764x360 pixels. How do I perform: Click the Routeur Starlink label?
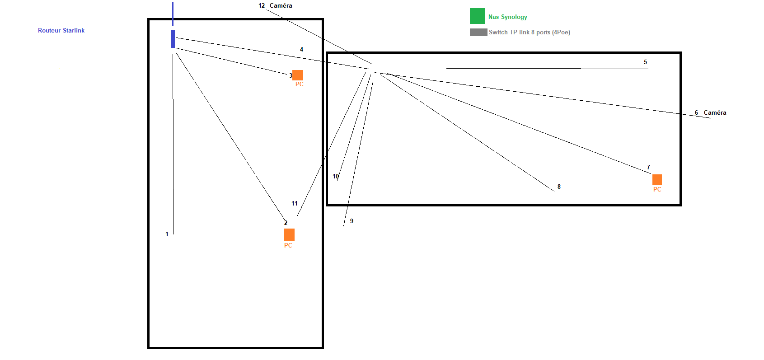[x=61, y=30]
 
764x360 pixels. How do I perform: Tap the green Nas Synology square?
[x=477, y=16]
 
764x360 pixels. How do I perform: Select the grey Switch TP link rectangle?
[x=478, y=32]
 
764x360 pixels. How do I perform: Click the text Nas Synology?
[x=507, y=17]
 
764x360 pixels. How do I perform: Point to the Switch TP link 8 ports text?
[x=529, y=32]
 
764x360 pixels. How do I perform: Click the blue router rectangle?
[x=173, y=39]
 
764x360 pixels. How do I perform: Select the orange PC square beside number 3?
[x=298, y=75]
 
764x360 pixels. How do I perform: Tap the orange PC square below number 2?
[x=289, y=234]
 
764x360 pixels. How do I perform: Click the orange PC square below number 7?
[x=657, y=180]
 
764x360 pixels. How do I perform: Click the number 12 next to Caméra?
[x=262, y=5]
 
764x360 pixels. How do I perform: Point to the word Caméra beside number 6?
[x=715, y=112]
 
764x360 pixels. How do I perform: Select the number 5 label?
[x=645, y=62]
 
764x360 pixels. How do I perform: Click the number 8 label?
[x=559, y=187]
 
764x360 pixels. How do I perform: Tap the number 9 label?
[x=352, y=221]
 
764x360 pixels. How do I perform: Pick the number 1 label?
[x=167, y=234]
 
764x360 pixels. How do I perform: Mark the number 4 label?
[x=301, y=49]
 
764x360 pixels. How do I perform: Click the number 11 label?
[x=295, y=203]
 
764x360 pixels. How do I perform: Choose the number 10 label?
[x=336, y=176]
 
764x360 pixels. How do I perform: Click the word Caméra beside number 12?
[x=281, y=5]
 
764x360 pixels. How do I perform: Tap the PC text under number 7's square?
[x=657, y=189]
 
